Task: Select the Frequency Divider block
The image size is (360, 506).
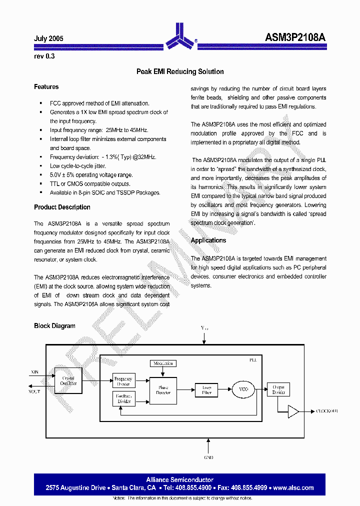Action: coord(123,381)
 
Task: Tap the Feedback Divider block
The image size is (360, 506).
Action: coord(123,398)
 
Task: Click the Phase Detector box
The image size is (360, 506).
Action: coord(163,390)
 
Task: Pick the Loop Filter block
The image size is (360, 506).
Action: coord(206,390)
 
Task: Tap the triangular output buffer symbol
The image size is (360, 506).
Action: coord(293,411)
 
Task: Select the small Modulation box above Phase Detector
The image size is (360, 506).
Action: coord(163,363)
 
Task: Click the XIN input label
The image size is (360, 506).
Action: coord(34,372)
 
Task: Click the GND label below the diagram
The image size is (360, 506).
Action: coord(208,457)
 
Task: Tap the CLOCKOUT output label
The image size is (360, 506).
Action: coord(327,411)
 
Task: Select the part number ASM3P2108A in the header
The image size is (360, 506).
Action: coord(295,37)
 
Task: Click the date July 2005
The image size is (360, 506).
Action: coord(48,38)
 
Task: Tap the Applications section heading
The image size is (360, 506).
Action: coord(208,240)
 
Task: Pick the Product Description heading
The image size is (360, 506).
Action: coord(62,207)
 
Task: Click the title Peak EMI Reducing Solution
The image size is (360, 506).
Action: coord(180,71)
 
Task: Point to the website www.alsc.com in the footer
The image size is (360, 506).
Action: coord(293,487)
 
